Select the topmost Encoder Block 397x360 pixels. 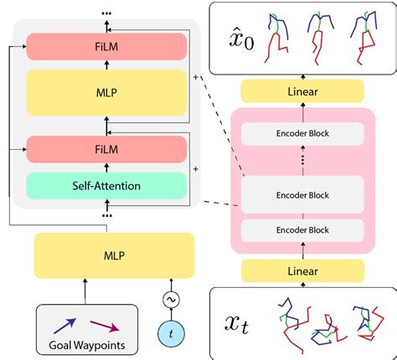tap(303, 131)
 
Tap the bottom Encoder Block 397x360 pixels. tap(303, 229)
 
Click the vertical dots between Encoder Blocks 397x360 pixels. tap(303, 161)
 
